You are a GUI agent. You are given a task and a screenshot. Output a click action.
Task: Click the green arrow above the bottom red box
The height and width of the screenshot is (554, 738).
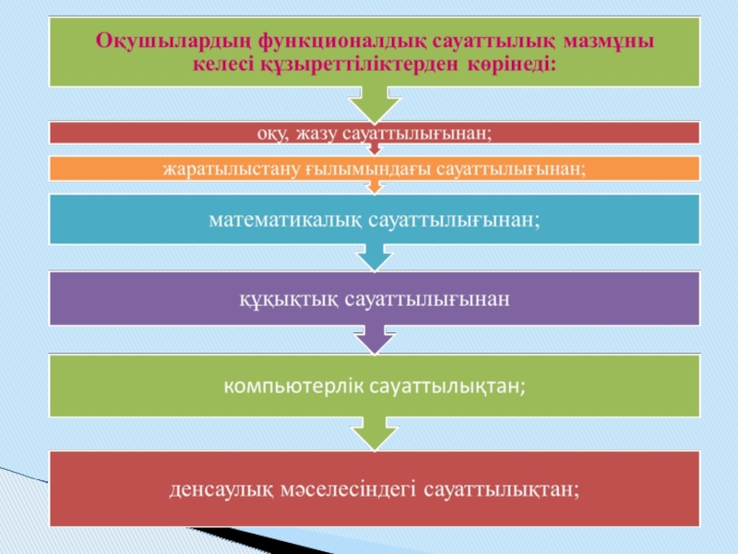[374, 431]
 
